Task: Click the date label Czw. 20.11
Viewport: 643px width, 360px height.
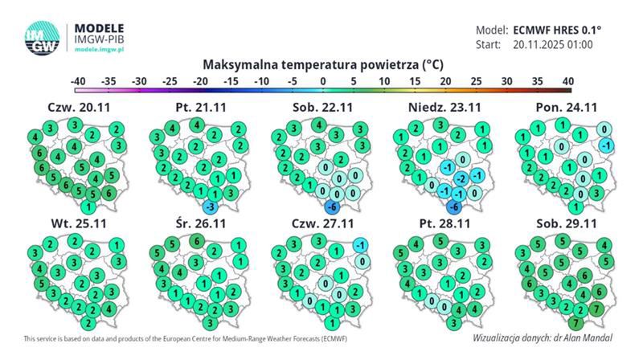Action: point(75,107)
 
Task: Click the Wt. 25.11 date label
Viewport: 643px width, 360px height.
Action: point(75,221)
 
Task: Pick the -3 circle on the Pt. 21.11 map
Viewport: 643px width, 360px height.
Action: point(207,207)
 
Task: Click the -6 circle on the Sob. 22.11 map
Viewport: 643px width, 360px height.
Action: point(331,207)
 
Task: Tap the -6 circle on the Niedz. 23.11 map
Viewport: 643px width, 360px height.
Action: point(453,207)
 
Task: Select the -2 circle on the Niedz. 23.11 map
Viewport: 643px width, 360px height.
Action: point(460,178)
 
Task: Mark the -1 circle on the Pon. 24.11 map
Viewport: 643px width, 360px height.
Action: point(608,145)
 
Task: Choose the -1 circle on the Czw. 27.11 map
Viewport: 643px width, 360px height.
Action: point(362,244)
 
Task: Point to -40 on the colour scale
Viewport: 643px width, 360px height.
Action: point(78,81)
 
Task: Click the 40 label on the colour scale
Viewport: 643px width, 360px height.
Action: point(567,81)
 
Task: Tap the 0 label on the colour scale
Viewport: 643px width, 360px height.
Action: point(322,81)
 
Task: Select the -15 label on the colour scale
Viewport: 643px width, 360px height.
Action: point(231,81)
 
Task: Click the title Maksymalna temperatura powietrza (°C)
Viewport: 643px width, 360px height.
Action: point(323,63)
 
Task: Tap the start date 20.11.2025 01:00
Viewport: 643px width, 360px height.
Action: point(553,44)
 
